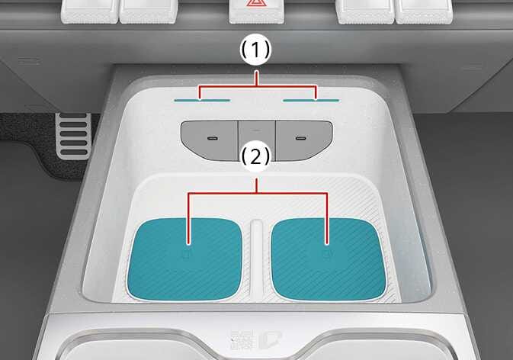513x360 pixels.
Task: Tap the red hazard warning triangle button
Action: (255, 7)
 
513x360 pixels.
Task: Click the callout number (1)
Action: (255, 53)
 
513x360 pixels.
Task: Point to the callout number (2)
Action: (255, 158)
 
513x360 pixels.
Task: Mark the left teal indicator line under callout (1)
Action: (202, 99)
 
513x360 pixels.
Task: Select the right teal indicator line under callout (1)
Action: (310, 99)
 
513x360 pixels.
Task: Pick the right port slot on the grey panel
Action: (302, 138)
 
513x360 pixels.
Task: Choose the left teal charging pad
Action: (186, 255)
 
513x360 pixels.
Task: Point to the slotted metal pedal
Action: (73, 135)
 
